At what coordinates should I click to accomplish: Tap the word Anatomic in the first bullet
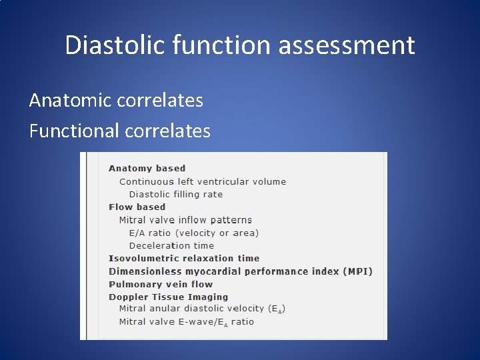point(69,101)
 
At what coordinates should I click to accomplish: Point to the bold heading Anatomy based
point(147,169)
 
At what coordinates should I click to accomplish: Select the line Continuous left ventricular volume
point(202,181)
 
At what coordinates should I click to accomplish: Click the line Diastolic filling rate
point(175,195)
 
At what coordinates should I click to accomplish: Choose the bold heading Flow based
point(137,207)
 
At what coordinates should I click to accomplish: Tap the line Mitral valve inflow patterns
point(185,220)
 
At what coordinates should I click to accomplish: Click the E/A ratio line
point(193,233)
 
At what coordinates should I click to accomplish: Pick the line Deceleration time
point(171,245)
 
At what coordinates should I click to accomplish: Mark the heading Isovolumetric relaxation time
point(184,259)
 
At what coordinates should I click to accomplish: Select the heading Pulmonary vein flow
point(161,284)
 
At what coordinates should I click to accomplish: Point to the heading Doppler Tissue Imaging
point(168,297)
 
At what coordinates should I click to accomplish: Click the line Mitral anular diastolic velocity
point(202,309)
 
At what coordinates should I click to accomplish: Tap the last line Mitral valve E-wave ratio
point(186,322)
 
